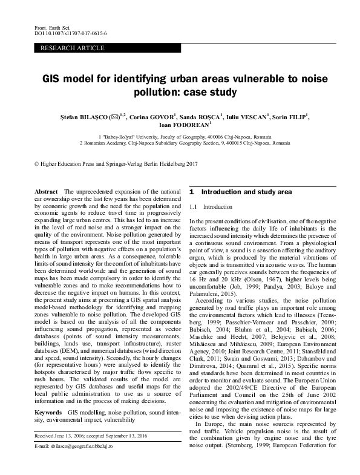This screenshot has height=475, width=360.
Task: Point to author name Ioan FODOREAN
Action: point(182,125)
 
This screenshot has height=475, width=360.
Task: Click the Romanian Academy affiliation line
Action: point(184,143)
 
